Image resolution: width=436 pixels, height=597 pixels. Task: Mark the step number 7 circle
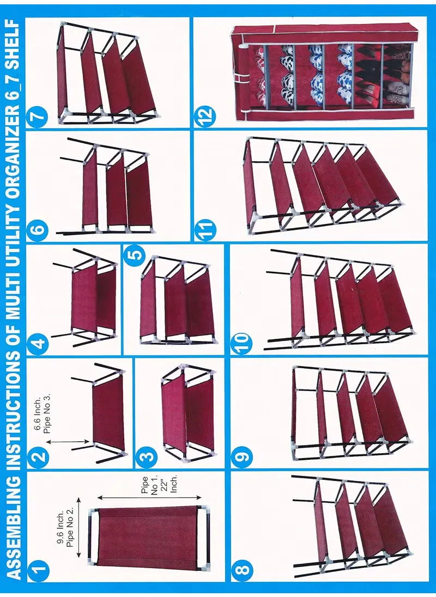[39, 116]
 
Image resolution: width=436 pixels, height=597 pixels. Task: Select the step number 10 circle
[243, 343]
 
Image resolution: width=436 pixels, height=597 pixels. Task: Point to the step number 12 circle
[207, 115]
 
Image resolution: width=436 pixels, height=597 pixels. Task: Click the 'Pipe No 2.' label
[70, 528]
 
